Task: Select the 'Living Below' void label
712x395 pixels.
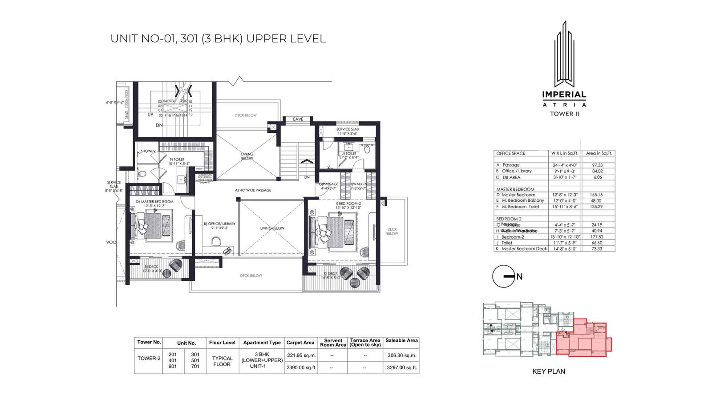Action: (272, 228)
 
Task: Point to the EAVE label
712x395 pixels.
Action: (298, 119)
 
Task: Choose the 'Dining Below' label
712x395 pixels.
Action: (247, 156)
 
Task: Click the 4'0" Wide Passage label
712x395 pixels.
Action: (253, 190)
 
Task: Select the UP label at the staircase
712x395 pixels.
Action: (150, 115)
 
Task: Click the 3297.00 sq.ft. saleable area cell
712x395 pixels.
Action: (401, 367)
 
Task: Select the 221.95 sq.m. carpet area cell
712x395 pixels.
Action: (301, 355)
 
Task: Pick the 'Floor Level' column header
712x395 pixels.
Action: (222, 343)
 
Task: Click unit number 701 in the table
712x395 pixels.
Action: (195, 367)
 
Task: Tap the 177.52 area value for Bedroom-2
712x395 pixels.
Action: (597, 237)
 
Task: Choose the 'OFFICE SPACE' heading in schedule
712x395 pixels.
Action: (510, 153)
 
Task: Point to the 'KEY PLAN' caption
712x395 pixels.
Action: (548, 371)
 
